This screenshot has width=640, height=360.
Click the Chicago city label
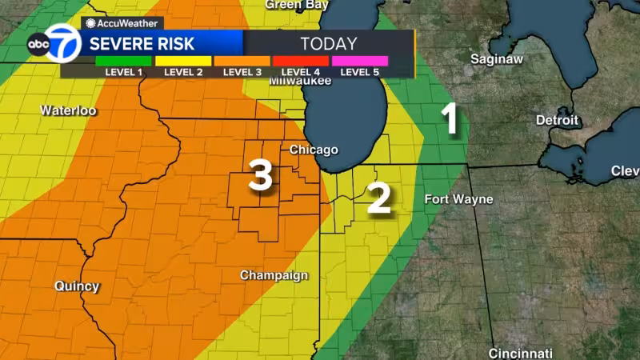(x=314, y=150)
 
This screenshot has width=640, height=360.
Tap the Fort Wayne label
(x=458, y=199)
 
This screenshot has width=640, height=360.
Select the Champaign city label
(x=274, y=275)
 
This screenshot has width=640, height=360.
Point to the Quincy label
(x=77, y=286)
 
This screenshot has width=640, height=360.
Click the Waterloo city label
(x=68, y=110)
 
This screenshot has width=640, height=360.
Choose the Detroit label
(x=557, y=120)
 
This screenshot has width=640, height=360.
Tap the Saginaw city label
(x=498, y=59)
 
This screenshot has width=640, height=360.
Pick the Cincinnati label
(x=521, y=353)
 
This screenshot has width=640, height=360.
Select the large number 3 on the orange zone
(x=261, y=175)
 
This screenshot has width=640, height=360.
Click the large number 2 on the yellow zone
(x=378, y=198)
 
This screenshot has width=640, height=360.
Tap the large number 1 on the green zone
(x=450, y=119)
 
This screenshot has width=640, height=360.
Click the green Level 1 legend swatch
(x=122, y=61)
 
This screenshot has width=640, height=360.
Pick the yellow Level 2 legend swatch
(x=182, y=61)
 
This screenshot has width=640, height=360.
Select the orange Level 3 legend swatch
(x=242, y=61)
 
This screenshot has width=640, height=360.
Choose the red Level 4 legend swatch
(x=301, y=61)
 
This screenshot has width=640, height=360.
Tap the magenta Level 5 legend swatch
(x=360, y=61)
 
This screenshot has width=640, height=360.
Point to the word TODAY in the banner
(x=328, y=42)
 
